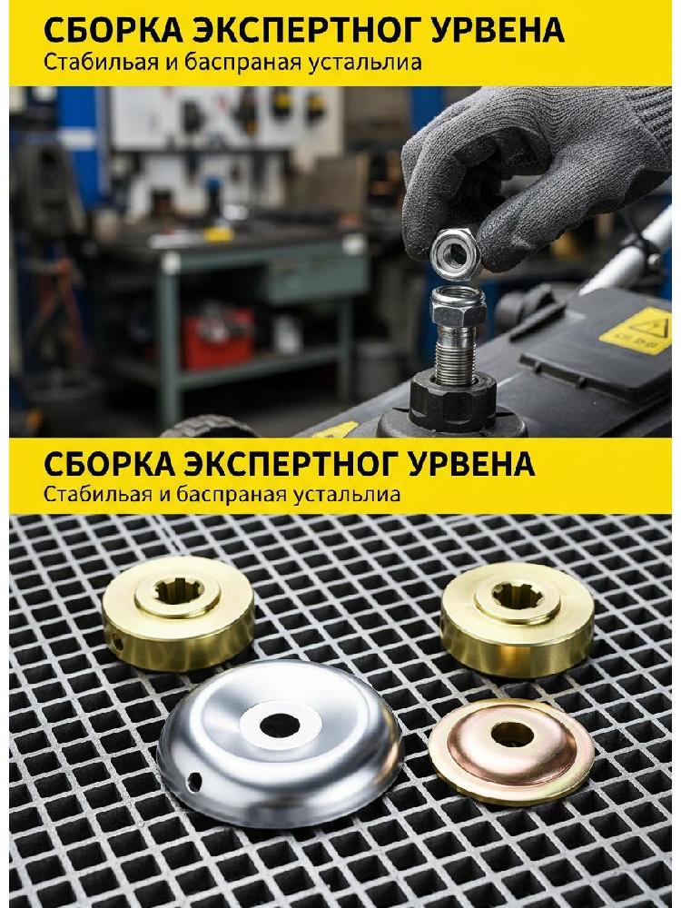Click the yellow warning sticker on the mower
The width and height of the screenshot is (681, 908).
point(637,331)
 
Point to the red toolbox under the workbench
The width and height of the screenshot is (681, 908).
point(217,338)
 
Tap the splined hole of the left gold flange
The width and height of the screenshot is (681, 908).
point(179,591)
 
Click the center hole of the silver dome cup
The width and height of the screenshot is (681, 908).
point(280,725)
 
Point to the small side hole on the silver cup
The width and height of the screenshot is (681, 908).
point(194,781)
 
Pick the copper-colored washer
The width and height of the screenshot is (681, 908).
point(511,751)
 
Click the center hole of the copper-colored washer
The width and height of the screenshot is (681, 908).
point(512,735)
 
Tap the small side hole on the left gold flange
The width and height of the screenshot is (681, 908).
point(117,642)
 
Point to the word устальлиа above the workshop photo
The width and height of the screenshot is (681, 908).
point(373,62)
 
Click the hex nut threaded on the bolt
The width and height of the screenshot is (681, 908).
point(458,306)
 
